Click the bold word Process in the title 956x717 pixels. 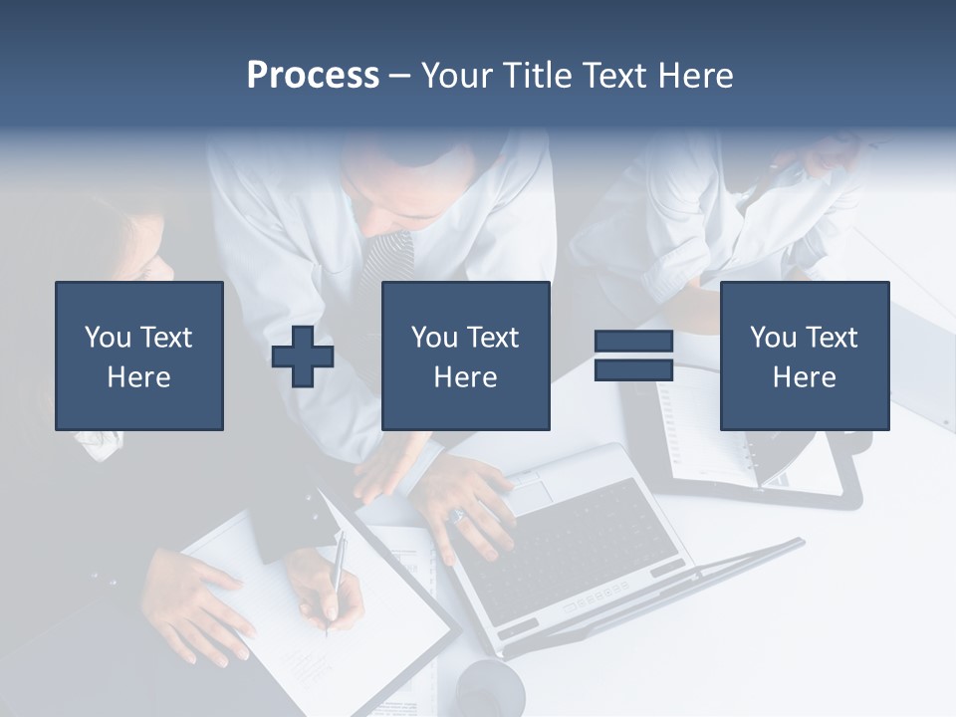(x=313, y=76)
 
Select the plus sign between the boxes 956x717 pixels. (x=303, y=357)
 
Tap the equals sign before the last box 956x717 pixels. (x=633, y=356)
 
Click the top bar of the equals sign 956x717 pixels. (x=633, y=342)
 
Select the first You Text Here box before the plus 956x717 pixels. (x=139, y=356)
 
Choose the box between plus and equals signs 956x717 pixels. (x=466, y=356)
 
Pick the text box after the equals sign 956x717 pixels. (x=805, y=356)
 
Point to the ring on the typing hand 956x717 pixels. (x=458, y=515)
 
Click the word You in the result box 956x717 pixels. (x=773, y=338)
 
